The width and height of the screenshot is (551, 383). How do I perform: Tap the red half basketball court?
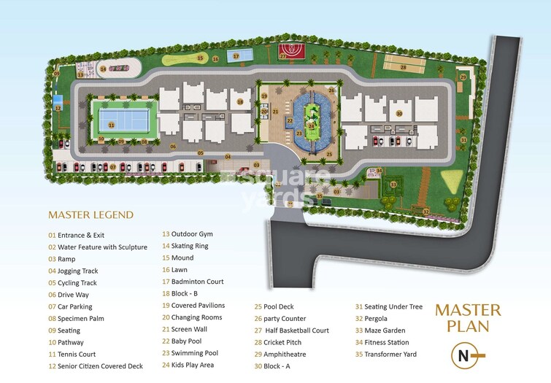[290, 52]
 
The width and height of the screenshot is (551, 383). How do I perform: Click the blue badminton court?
[236, 55]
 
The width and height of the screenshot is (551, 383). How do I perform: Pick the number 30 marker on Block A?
[399, 113]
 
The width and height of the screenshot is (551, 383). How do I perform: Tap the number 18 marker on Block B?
[239, 102]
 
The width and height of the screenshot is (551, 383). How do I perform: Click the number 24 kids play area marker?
[312, 125]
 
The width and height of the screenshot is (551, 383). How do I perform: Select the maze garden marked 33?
[393, 184]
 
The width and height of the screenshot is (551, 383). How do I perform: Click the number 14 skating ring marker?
[104, 69]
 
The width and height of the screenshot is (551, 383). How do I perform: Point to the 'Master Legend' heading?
[91, 214]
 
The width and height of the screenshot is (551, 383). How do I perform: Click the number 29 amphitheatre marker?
[462, 77]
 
